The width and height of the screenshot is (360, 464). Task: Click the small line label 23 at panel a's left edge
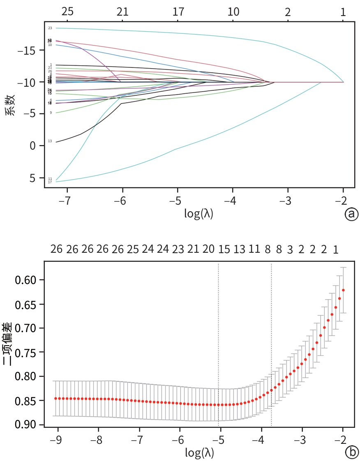50,28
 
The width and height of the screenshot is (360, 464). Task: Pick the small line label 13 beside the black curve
50,141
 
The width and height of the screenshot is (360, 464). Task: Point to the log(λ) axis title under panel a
199,214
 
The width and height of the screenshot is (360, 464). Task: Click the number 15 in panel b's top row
224,249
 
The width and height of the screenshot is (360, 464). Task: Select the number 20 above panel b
208,249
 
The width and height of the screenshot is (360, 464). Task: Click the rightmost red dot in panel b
343,290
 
